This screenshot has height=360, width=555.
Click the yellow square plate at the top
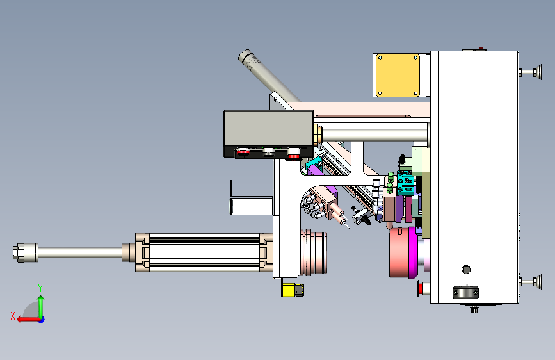[398, 75]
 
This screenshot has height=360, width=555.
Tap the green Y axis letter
[40, 288]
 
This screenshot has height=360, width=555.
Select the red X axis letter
[13, 316]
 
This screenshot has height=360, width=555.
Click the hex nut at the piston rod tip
[19, 252]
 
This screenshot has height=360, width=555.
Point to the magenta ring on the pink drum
[412, 252]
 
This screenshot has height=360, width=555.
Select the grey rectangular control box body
[269, 129]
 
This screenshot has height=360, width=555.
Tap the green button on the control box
[269, 152]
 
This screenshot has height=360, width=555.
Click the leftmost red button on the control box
[243, 152]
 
